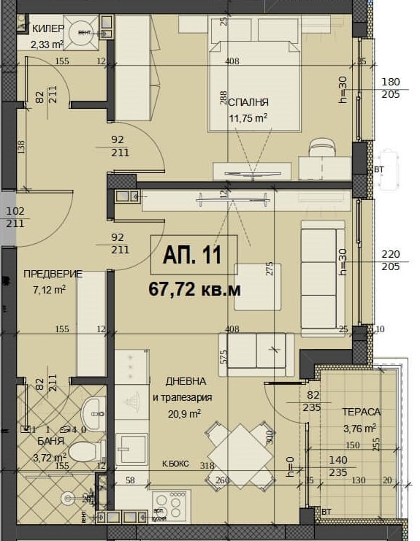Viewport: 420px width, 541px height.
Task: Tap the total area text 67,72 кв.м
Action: tap(194, 289)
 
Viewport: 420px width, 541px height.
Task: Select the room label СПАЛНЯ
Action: tap(249, 103)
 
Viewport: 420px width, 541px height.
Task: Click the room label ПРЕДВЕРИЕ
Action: tap(53, 274)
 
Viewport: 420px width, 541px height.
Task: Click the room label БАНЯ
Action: tap(51, 442)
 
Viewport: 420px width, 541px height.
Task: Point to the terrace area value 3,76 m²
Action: tap(359, 428)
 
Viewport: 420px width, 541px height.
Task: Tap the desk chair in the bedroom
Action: tap(321, 147)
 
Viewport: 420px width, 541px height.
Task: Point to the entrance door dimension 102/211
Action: tap(15, 217)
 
